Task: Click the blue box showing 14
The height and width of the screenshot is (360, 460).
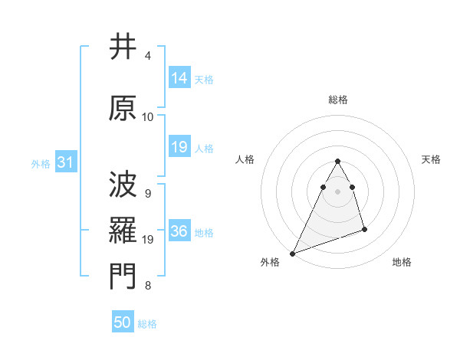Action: click(x=179, y=78)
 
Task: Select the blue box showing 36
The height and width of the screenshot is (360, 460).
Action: click(x=179, y=232)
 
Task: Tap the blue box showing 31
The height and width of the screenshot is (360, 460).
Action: click(x=64, y=162)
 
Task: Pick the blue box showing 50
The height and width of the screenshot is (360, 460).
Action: click(x=123, y=323)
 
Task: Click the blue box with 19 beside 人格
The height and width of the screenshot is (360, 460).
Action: click(x=179, y=147)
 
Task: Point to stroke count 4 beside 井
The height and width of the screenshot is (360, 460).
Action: click(x=148, y=56)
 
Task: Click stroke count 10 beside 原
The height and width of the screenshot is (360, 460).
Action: click(x=148, y=117)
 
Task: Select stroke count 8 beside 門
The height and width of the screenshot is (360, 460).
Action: click(x=148, y=286)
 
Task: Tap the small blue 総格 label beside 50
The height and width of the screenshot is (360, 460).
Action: click(x=147, y=324)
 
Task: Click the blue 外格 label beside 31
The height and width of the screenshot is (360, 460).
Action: click(x=41, y=163)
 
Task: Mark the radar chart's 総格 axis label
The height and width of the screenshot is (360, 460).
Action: click(x=337, y=100)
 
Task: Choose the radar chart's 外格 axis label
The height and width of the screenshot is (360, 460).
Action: click(x=270, y=262)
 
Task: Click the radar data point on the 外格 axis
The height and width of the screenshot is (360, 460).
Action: click(x=292, y=253)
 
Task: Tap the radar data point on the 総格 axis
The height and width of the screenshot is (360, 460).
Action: click(x=337, y=162)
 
